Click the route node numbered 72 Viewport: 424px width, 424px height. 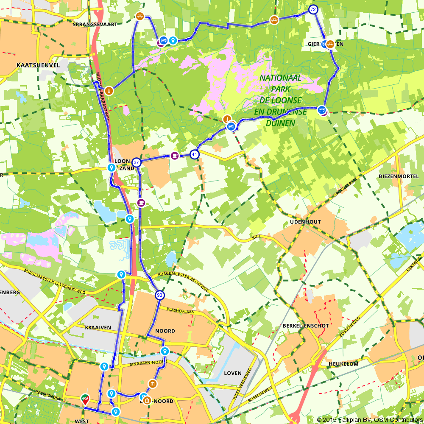(313, 9)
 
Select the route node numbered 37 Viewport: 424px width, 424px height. (136, 162)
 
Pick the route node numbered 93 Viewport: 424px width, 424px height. (159, 295)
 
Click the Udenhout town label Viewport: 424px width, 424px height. (306, 222)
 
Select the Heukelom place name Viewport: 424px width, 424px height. (343, 364)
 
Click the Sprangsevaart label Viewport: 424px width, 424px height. (95, 25)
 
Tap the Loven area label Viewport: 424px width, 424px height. (232, 373)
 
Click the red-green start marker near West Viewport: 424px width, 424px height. (85, 399)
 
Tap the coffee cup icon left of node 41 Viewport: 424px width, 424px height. (174, 155)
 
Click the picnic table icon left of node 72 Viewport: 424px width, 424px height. (274, 20)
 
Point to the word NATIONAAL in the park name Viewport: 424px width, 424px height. (280, 78)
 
